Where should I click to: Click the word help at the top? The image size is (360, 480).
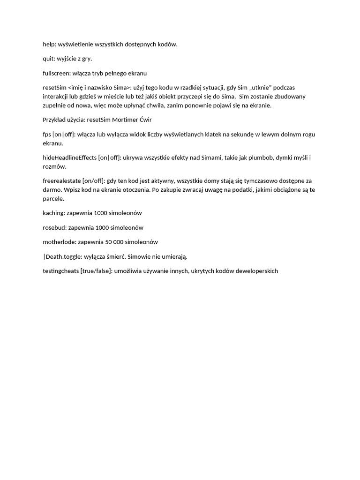tap(49, 44)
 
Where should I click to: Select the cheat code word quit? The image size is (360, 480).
tap(49, 59)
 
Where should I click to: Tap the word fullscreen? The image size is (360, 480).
tap(56, 73)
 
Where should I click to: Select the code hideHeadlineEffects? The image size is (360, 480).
tap(69, 157)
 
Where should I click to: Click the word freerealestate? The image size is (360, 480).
tap(61, 180)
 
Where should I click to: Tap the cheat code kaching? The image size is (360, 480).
tap(53, 213)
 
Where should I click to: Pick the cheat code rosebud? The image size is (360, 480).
tap(54, 227)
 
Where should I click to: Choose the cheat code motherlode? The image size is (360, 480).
tap(59, 242)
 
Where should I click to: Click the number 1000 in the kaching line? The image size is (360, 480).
tap(100, 213)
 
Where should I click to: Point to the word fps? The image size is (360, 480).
tap(47, 135)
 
